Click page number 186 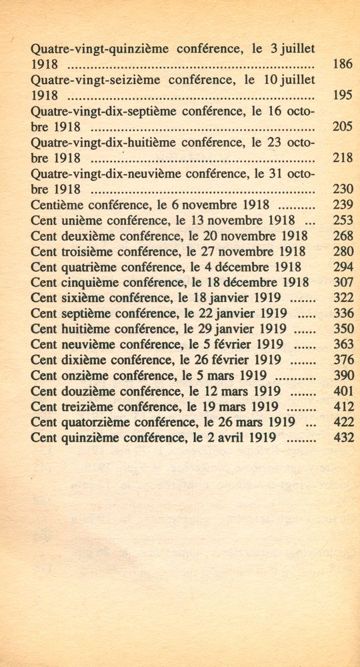tap(342, 65)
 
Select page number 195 tap(342, 95)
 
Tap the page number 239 tap(342, 205)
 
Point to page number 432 tap(342, 438)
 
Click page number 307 tap(342, 282)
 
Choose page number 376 tap(342, 360)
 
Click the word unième tap(84, 220)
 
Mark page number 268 tap(342, 236)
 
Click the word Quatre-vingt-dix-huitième tap(97, 142)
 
